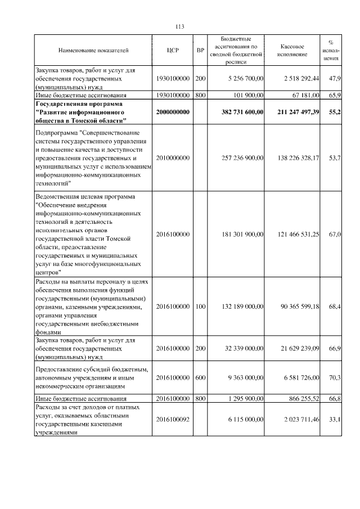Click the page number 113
pyautogui.click(x=180, y=27)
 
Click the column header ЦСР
pyautogui.click(x=173, y=51)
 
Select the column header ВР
pyautogui.click(x=200, y=51)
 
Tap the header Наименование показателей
pyautogui.click(x=93, y=51)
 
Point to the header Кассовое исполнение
pyautogui.click(x=292, y=51)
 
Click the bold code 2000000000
pyautogui.click(x=173, y=112)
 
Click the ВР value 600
pyautogui.click(x=200, y=378)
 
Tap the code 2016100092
pyautogui.click(x=173, y=420)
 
